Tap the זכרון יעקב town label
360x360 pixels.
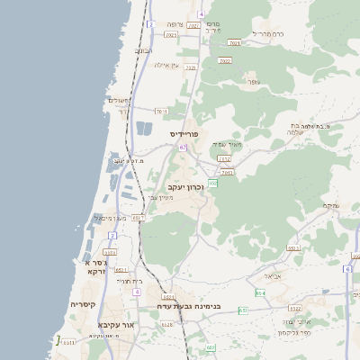(x=186, y=186)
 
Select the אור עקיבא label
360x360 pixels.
(x=116, y=324)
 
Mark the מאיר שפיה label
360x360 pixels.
(x=227, y=144)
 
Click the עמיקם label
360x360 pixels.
(x=331, y=206)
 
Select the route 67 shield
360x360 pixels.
(x=183, y=147)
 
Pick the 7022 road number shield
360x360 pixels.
(x=224, y=61)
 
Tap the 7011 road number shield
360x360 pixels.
(x=161, y=112)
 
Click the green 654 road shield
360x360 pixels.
(x=260, y=292)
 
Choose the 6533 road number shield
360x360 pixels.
(x=138, y=218)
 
